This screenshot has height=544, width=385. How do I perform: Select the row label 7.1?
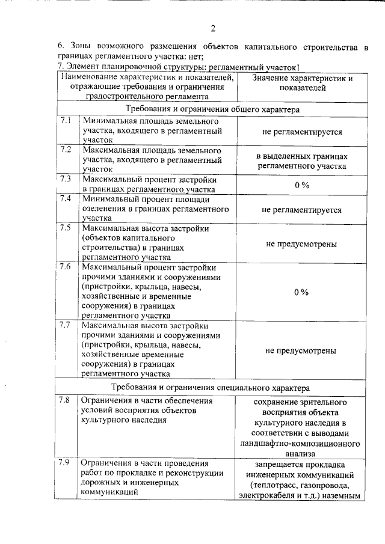pyautogui.click(x=66, y=120)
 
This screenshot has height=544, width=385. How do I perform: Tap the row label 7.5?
pyautogui.click(x=66, y=227)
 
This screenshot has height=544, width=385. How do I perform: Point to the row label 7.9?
pyautogui.click(x=66, y=463)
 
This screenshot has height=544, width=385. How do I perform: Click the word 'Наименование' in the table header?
pyautogui.click(x=90, y=78)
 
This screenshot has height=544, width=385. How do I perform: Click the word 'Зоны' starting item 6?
pyautogui.click(x=79, y=45)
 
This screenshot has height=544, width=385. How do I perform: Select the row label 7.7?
pyautogui.click(x=66, y=325)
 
